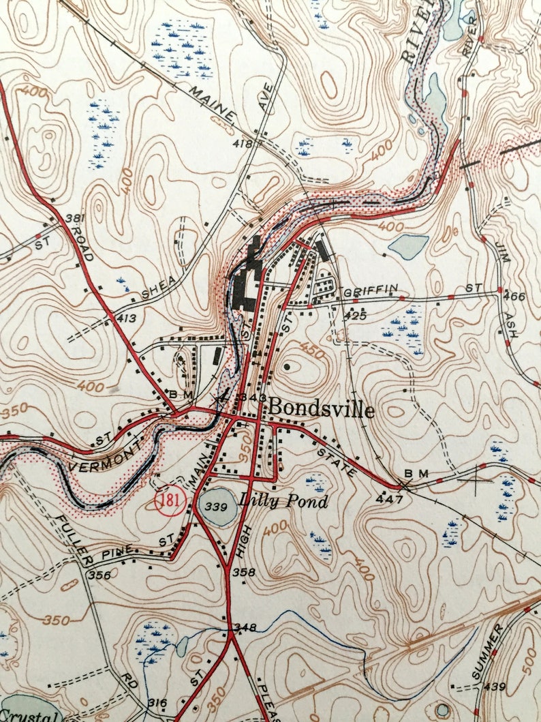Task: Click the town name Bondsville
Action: pyautogui.click(x=321, y=409)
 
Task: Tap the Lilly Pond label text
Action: pyautogui.click(x=283, y=501)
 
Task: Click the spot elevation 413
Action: pyautogui.click(x=126, y=318)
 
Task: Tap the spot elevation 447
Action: pyautogui.click(x=385, y=500)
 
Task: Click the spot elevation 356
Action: pyautogui.click(x=99, y=575)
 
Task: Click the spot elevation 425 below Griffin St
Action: pyautogui.click(x=356, y=316)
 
